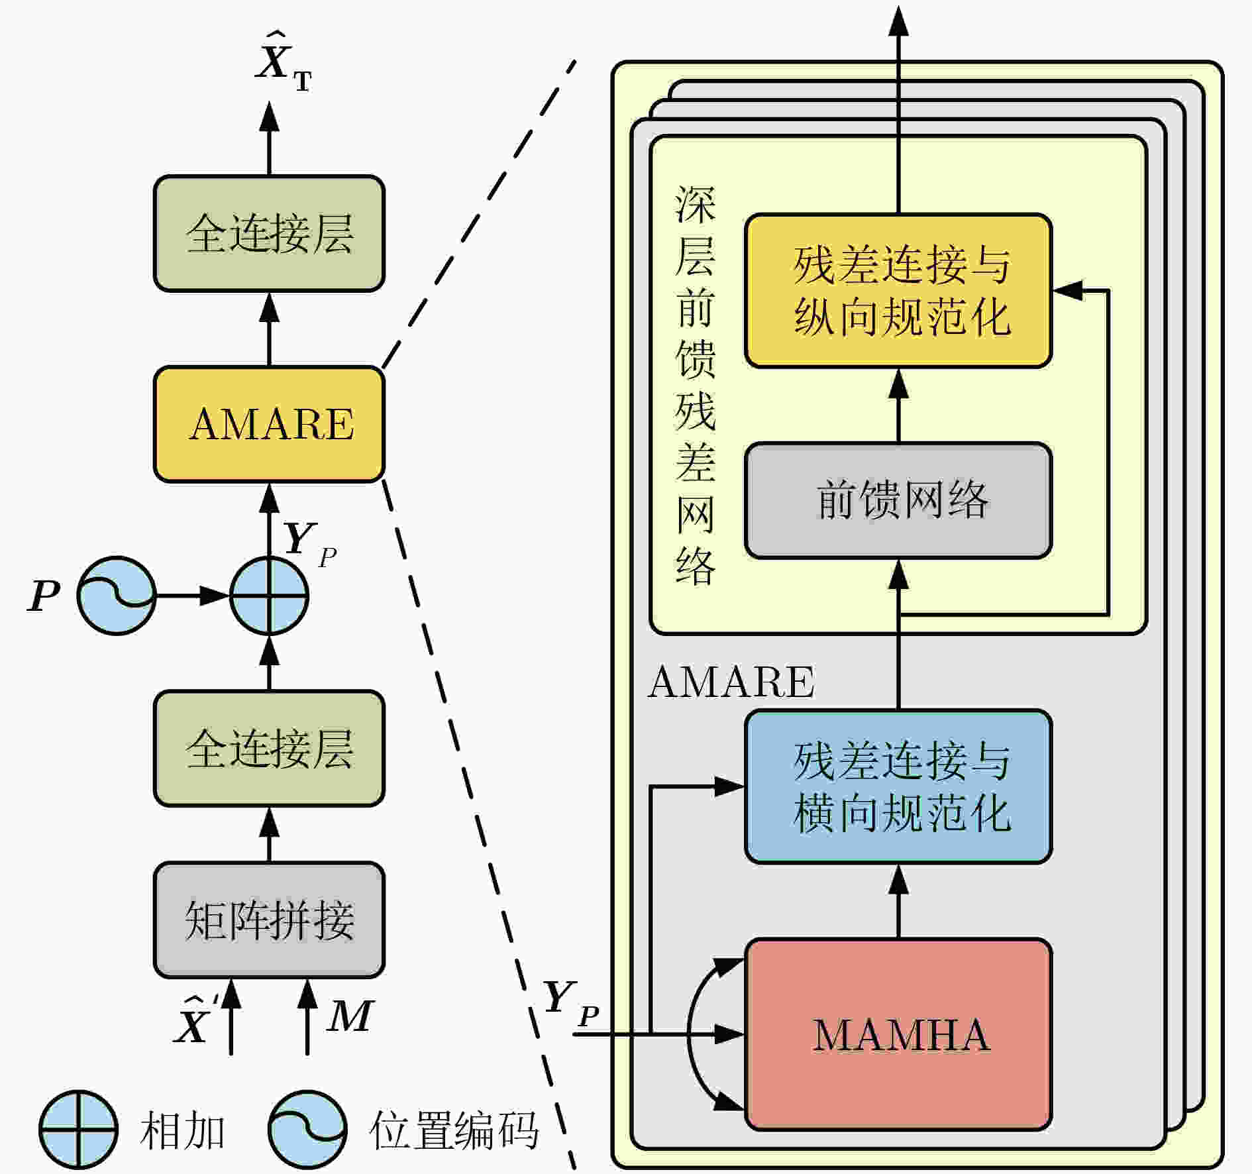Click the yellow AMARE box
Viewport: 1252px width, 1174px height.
[x=269, y=424]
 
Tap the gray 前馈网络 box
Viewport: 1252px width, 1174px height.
[x=898, y=500]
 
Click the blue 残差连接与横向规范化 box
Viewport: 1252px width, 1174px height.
[x=898, y=786]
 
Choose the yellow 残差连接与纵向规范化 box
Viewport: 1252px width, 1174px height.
[x=898, y=290]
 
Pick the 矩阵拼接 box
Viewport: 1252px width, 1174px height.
[x=269, y=920]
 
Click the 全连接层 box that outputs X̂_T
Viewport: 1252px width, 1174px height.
[x=269, y=233]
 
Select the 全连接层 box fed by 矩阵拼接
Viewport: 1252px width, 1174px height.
[x=269, y=749]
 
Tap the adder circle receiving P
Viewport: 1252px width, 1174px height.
[x=269, y=596]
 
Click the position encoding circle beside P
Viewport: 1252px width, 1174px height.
[x=117, y=596]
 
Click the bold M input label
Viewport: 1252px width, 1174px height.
[x=350, y=1016]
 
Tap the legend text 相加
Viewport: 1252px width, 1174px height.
[x=182, y=1131]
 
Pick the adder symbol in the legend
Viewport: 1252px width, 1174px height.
[x=78, y=1130]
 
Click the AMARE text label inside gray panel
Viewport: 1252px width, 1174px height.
[x=731, y=682]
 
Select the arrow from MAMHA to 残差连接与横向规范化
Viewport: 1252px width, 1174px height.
[x=898, y=901]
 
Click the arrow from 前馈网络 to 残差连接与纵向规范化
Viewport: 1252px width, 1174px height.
[x=898, y=405]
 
